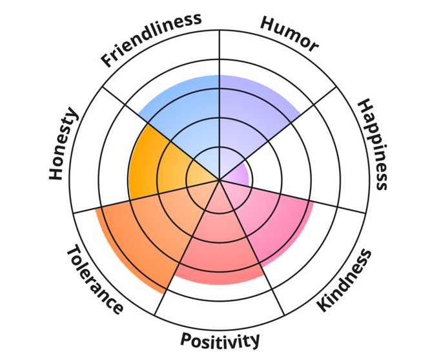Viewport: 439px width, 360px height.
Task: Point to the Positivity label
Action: click(x=220, y=340)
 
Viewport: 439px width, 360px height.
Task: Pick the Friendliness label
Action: click(x=152, y=39)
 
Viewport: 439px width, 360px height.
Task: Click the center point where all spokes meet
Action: click(x=219, y=180)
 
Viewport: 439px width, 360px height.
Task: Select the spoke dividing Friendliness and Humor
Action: click(x=219, y=52)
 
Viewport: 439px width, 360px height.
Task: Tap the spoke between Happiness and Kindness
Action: click(x=323, y=204)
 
